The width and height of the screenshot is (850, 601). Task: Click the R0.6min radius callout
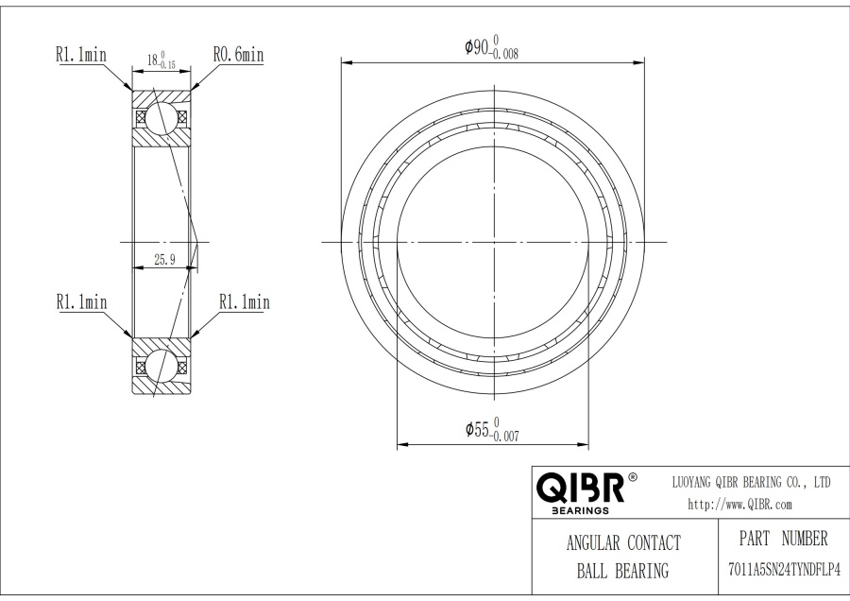pyautogui.click(x=239, y=55)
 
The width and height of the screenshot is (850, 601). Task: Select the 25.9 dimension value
pyautogui.click(x=164, y=260)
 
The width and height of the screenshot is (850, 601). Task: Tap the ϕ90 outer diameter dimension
pyautogui.click(x=491, y=47)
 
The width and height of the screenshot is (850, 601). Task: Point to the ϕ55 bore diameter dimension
pyautogui.click(x=492, y=430)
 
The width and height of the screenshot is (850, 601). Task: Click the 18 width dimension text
pyautogui.click(x=161, y=60)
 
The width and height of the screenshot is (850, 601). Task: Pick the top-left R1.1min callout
pyautogui.click(x=81, y=55)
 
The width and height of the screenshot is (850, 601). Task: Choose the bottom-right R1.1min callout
pyautogui.click(x=244, y=301)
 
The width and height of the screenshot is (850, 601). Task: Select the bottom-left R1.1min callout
pyautogui.click(x=82, y=301)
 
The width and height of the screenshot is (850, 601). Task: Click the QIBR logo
pyautogui.click(x=581, y=488)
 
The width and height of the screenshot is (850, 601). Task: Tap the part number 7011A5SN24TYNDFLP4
pyautogui.click(x=785, y=570)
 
